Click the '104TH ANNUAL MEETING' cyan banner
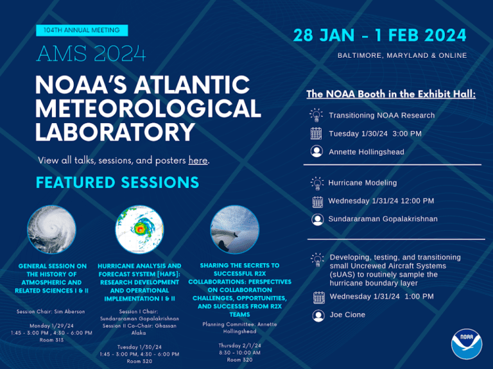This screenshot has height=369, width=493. [82, 30]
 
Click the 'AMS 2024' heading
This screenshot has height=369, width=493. [91, 53]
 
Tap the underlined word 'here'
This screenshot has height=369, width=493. [198, 160]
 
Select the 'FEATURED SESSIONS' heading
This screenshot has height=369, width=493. [117, 182]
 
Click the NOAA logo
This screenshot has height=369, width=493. [467, 344]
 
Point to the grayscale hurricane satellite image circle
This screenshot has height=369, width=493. [51, 230]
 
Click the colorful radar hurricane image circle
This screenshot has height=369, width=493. [139, 230]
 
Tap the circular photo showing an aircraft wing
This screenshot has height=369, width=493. [234, 230]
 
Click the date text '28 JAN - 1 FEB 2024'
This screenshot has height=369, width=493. [380, 35]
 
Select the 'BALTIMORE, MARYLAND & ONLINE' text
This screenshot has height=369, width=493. [402, 55]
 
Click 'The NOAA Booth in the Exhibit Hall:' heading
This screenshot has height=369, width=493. [391, 94]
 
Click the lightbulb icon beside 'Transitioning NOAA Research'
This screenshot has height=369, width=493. [316, 115]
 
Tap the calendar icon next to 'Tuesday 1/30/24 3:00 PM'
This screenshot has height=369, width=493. [316, 133]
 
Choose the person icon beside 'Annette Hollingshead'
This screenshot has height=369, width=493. [316, 151]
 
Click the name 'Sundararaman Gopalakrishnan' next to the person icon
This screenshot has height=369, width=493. [383, 219]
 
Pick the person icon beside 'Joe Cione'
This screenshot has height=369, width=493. [318, 315]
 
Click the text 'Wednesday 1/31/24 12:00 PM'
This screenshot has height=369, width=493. [381, 201]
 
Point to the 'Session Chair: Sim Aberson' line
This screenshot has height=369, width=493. [51, 311]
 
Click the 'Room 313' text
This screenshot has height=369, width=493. [51, 339]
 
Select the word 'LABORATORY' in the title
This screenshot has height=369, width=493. [115, 132]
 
